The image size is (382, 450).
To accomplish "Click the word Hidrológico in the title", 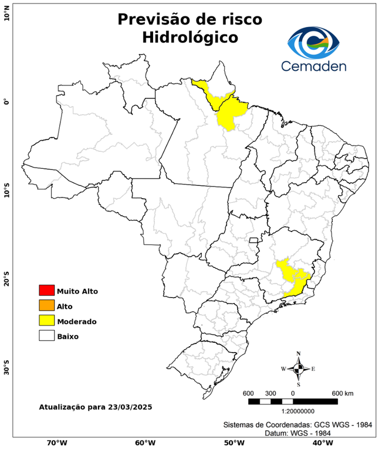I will (x=190, y=37).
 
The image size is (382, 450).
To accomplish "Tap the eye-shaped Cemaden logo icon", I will (x=317, y=43).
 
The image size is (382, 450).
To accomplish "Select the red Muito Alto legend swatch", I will (x=46, y=291).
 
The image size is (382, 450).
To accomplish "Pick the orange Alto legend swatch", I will (x=46, y=305).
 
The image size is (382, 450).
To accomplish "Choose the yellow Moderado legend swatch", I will (x=46, y=321).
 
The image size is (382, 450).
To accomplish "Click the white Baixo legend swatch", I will (x=46, y=336).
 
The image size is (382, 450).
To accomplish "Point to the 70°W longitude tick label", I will (x=56, y=443).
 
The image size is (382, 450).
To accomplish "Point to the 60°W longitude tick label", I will (x=145, y=443).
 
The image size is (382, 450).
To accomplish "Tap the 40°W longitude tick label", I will (x=321, y=443).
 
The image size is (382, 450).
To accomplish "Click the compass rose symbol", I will (x=298, y=369).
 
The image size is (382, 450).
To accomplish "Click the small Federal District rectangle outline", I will (x=253, y=240).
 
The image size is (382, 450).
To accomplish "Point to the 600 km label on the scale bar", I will (x=342, y=393).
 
